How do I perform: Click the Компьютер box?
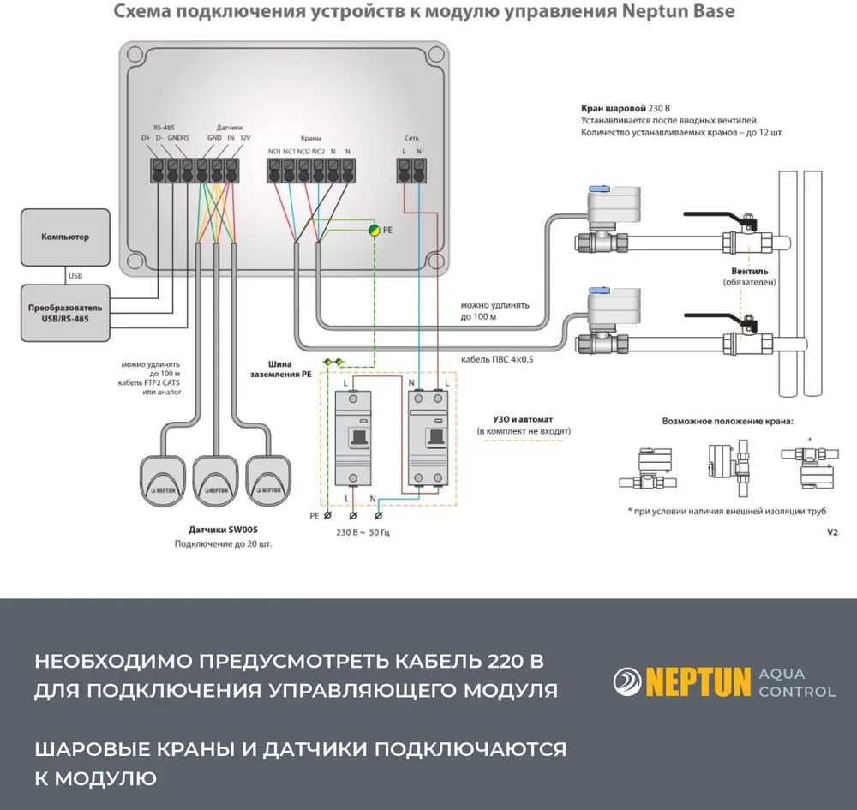(65, 237)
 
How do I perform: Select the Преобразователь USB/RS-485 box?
(65, 313)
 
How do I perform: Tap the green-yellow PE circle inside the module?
(375, 230)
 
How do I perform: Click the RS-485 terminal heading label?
(164, 125)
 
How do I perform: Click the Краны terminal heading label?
(310, 138)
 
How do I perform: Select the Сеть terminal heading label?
(411, 138)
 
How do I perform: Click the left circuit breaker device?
(357, 437)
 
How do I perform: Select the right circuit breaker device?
(430, 437)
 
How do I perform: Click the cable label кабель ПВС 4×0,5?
(497, 359)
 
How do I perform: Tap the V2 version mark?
(831, 532)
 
